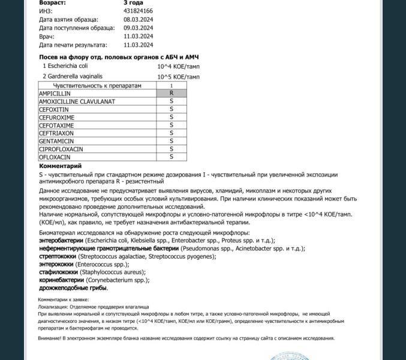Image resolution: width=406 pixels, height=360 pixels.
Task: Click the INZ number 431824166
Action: tap(138, 11)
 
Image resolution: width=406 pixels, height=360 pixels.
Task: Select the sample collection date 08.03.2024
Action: tap(138, 19)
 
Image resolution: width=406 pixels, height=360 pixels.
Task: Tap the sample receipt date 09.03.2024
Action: tap(138, 28)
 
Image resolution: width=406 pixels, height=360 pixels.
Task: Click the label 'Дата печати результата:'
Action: tap(73, 44)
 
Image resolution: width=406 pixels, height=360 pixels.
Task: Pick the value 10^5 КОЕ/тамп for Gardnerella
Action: tap(179, 77)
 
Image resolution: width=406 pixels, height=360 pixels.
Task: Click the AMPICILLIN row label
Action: tap(55, 94)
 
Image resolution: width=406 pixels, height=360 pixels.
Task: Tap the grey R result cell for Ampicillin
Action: tap(172, 94)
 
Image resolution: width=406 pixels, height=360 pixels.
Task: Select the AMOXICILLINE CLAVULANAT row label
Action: tap(77, 101)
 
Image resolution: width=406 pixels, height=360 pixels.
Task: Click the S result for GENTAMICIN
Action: tap(172, 140)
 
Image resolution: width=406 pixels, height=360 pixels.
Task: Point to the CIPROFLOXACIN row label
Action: tap(61, 149)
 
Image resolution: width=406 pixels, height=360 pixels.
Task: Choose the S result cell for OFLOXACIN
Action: tap(172, 157)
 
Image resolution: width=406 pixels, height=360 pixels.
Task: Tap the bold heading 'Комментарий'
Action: tap(60, 166)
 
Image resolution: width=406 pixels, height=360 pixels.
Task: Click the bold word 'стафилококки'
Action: tap(59, 272)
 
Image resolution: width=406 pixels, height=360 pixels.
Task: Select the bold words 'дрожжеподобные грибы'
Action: tap(73, 287)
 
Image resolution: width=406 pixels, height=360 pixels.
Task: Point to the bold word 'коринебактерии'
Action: tap(61, 280)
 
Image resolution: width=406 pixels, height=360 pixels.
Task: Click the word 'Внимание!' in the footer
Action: tap(50, 338)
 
